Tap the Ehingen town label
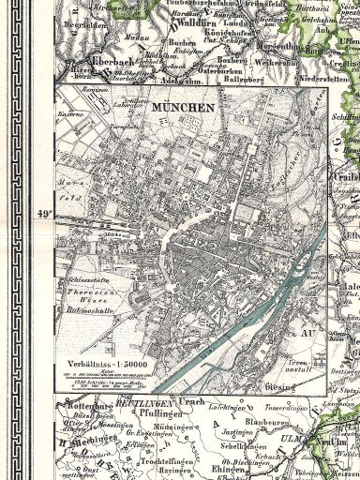pyautogui.click(x=231, y=470)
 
